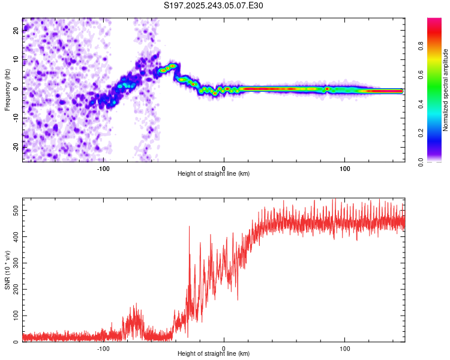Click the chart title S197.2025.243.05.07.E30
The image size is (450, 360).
click(x=214, y=6)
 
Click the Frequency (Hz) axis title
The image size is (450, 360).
click(x=7, y=90)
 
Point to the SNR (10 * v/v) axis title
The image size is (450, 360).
click(x=7, y=270)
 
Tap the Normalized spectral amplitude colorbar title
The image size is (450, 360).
click(x=446, y=90)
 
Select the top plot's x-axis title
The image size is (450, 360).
click(x=214, y=173)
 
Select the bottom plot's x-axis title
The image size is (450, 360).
click(x=214, y=353)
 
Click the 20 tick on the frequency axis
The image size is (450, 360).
click(x=16, y=31)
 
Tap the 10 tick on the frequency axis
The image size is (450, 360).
click(x=16, y=60)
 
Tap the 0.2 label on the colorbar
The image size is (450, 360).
click(x=437, y=133)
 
